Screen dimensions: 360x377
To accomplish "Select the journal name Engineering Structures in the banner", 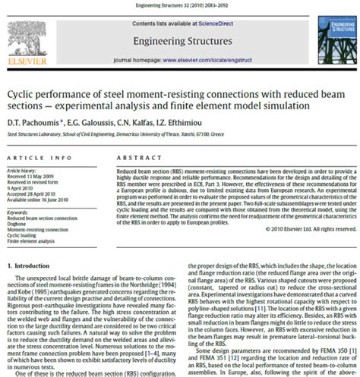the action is [179, 40].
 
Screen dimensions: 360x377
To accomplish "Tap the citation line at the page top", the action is [180, 5].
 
